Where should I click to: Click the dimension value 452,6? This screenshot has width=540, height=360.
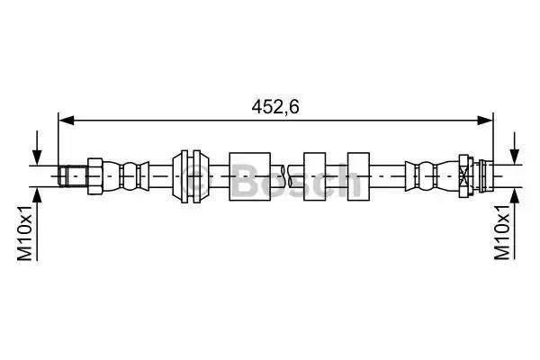tap(275, 106)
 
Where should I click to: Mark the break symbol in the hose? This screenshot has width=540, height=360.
tap(285, 171)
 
